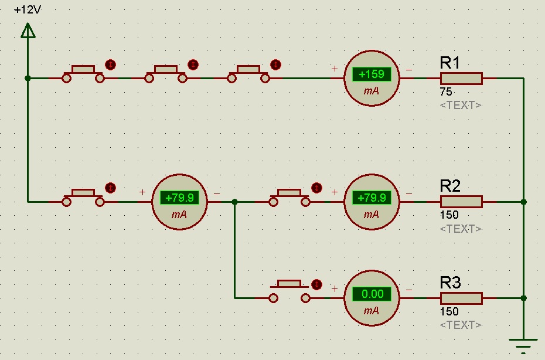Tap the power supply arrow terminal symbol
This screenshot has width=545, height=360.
point(28,30)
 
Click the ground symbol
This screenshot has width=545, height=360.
point(523,346)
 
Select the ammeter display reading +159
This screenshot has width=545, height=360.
point(372,74)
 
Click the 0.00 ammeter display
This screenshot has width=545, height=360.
point(372,294)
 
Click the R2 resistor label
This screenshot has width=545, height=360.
point(450,186)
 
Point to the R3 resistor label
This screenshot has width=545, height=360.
point(450,283)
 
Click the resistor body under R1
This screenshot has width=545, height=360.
point(461,78)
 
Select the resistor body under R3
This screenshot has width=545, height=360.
point(461,298)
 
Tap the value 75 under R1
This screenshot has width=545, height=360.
point(445,92)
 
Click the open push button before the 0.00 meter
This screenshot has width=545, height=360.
point(289,291)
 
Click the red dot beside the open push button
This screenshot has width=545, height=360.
point(317,284)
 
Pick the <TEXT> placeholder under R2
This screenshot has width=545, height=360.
point(461,229)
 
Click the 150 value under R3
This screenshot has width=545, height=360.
point(449,312)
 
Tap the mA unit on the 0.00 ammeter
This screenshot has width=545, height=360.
point(372,311)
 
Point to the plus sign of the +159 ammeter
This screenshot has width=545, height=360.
point(335,69)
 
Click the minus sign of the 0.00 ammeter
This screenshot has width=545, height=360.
point(408,289)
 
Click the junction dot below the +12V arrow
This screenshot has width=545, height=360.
point(28,78)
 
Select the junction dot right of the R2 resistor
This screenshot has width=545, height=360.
point(523,202)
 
